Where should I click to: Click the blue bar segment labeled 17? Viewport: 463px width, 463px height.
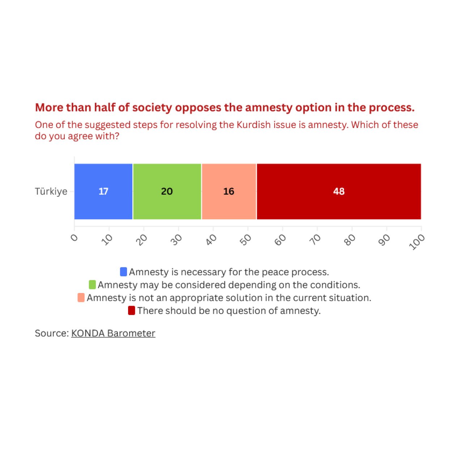(x=103, y=191)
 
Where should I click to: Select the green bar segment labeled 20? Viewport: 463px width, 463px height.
(x=167, y=191)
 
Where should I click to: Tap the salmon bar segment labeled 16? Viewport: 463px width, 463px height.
(x=229, y=191)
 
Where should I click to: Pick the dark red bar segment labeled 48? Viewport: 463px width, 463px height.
(x=339, y=191)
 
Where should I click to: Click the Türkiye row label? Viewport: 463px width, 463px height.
(x=51, y=191)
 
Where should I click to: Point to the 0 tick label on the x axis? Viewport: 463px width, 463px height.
(x=75, y=238)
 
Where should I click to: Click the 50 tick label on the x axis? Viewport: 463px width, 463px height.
(x=246, y=240)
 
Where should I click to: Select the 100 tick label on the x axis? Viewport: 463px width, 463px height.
(x=417, y=242)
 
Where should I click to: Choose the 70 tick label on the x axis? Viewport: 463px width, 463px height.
(x=315, y=240)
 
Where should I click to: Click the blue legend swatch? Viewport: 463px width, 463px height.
(x=123, y=272)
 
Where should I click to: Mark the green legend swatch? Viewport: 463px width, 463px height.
(x=92, y=285)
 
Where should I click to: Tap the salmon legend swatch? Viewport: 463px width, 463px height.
(x=81, y=298)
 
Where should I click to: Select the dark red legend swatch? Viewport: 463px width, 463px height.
(x=132, y=311)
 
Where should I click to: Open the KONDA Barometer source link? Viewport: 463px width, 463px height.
(x=113, y=333)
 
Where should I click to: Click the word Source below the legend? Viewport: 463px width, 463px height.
(x=51, y=333)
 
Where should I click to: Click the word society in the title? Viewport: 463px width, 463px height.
(x=152, y=107)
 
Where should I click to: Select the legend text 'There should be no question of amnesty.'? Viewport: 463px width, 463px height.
(x=229, y=311)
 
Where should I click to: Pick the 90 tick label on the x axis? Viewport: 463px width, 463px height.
(x=385, y=240)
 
